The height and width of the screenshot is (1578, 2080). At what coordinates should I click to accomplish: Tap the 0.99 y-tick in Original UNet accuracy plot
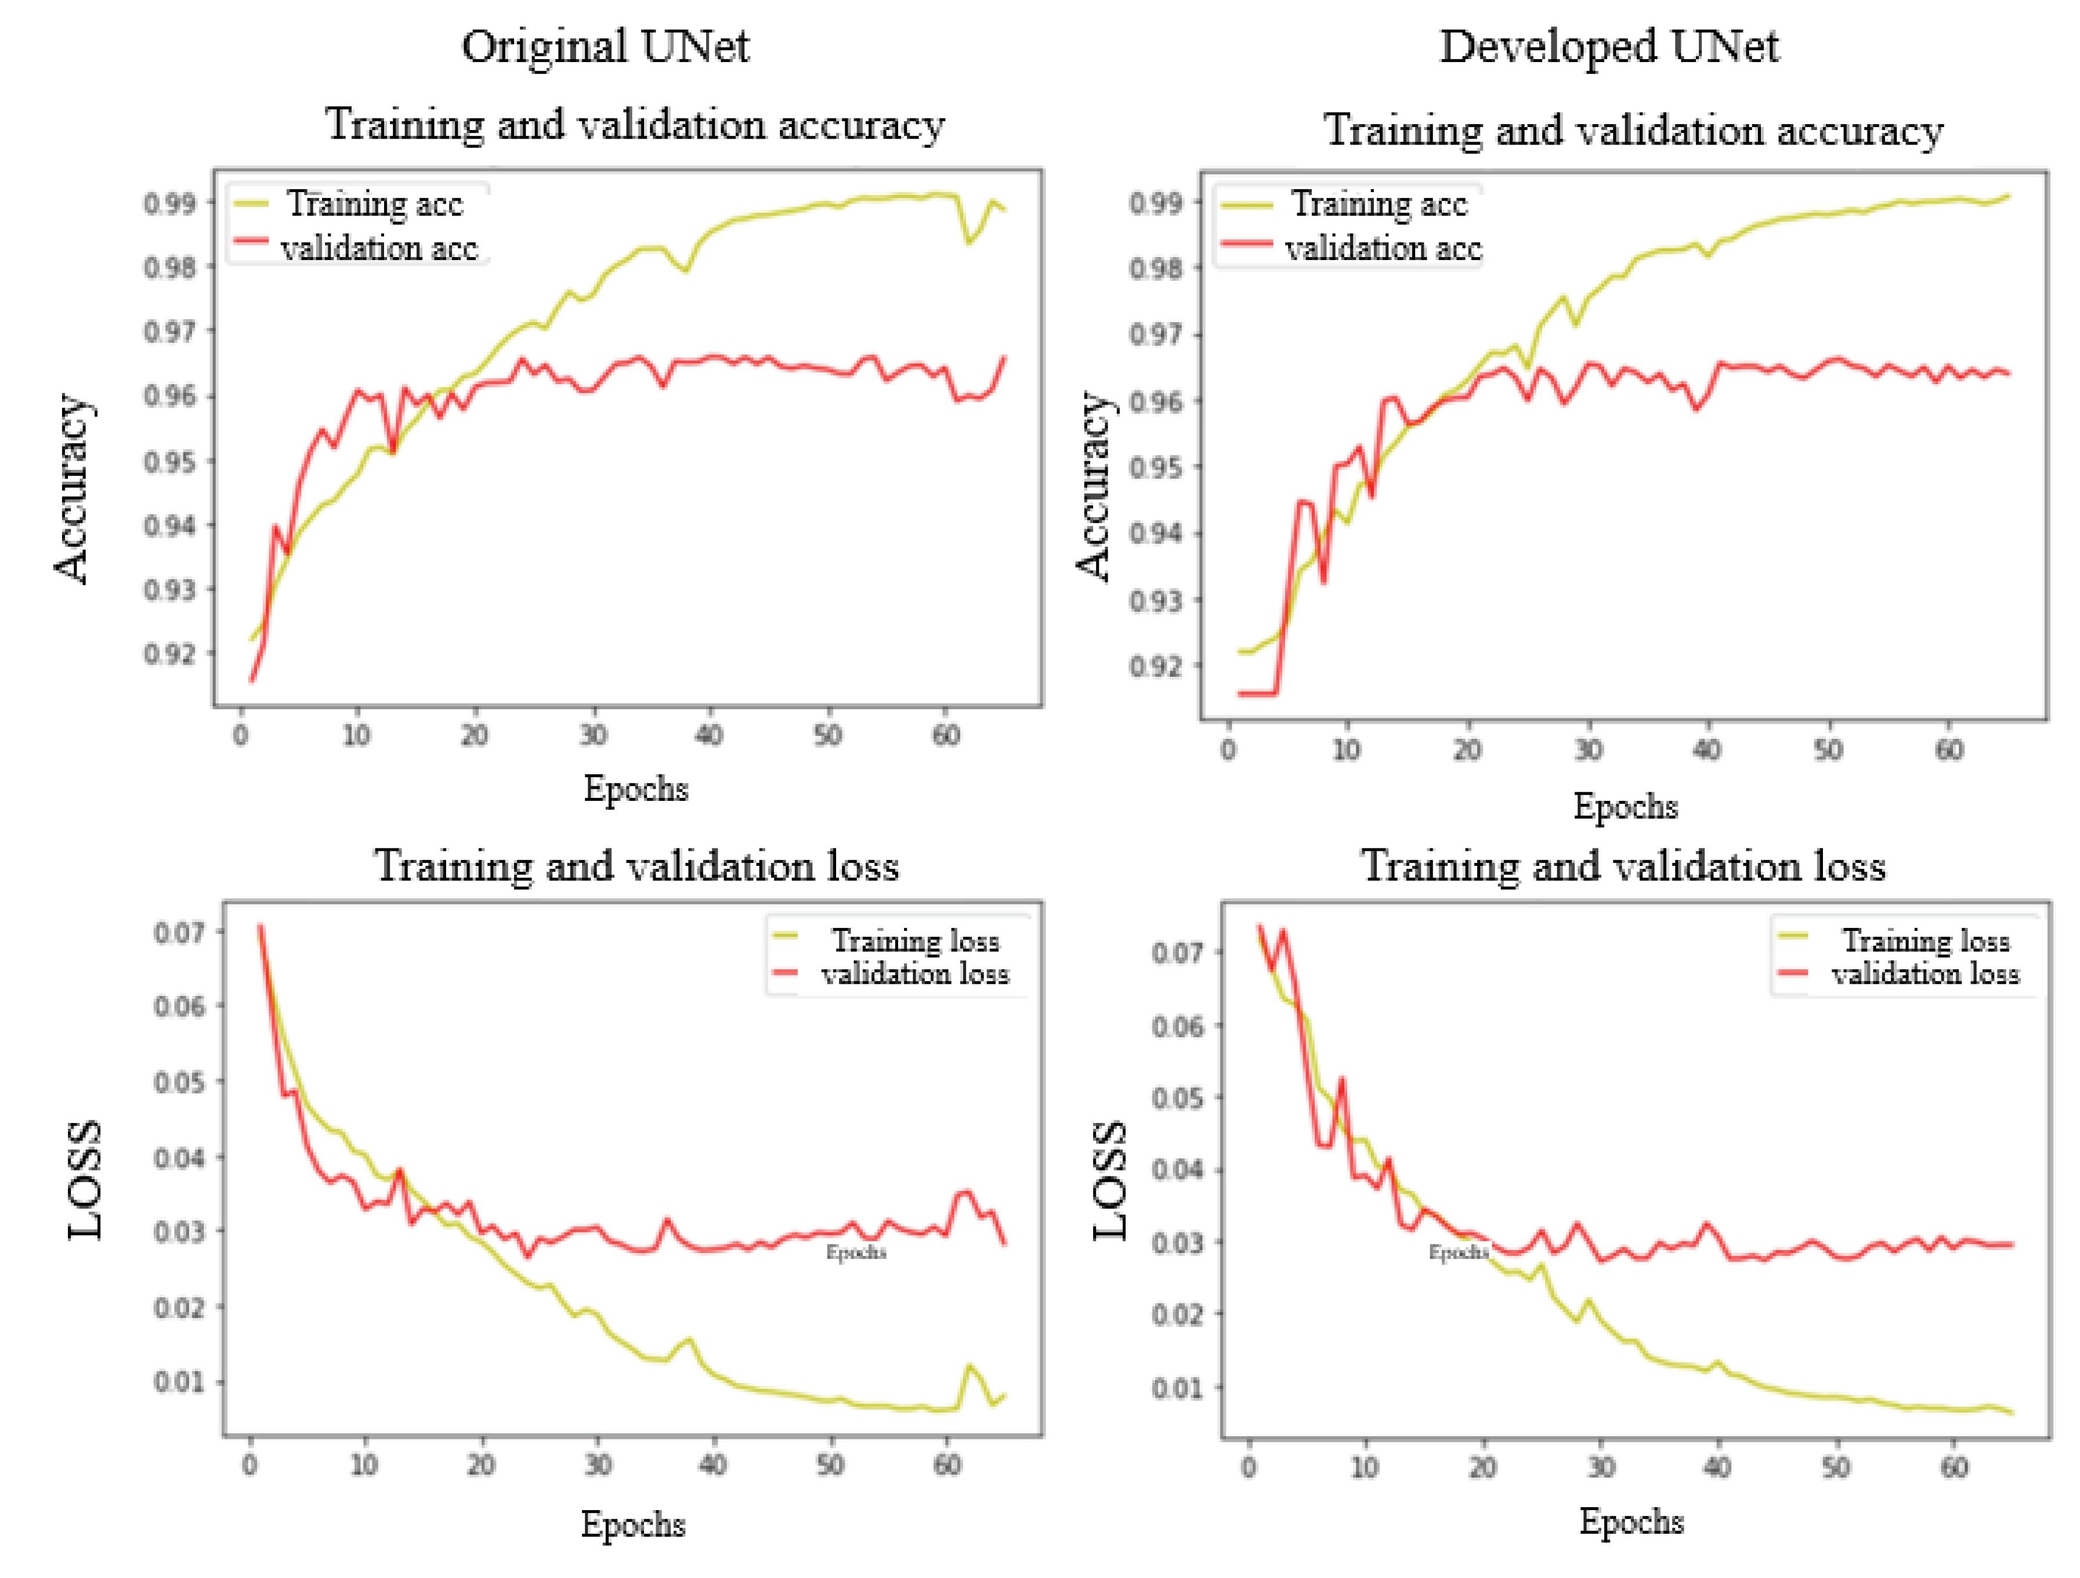(x=170, y=203)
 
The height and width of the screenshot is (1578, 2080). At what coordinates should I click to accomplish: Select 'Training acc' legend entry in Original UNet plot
(x=374, y=203)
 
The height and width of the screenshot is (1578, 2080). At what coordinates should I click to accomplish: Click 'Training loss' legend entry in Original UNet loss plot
(x=914, y=940)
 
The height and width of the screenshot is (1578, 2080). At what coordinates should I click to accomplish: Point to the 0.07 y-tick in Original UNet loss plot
(x=179, y=932)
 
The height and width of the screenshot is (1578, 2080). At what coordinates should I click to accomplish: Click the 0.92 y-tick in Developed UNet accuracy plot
(x=1156, y=666)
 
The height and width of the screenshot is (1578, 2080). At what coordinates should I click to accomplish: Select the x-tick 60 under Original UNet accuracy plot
(x=946, y=735)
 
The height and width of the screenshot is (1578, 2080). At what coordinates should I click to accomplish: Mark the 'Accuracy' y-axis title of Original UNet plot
(x=71, y=489)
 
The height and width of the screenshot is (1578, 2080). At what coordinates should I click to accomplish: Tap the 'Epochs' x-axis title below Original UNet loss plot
(x=633, y=1523)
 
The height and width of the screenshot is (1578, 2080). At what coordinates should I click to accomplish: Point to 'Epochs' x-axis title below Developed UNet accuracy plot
(x=1626, y=806)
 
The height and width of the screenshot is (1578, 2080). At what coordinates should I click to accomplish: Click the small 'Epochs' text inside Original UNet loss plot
(x=856, y=1252)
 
